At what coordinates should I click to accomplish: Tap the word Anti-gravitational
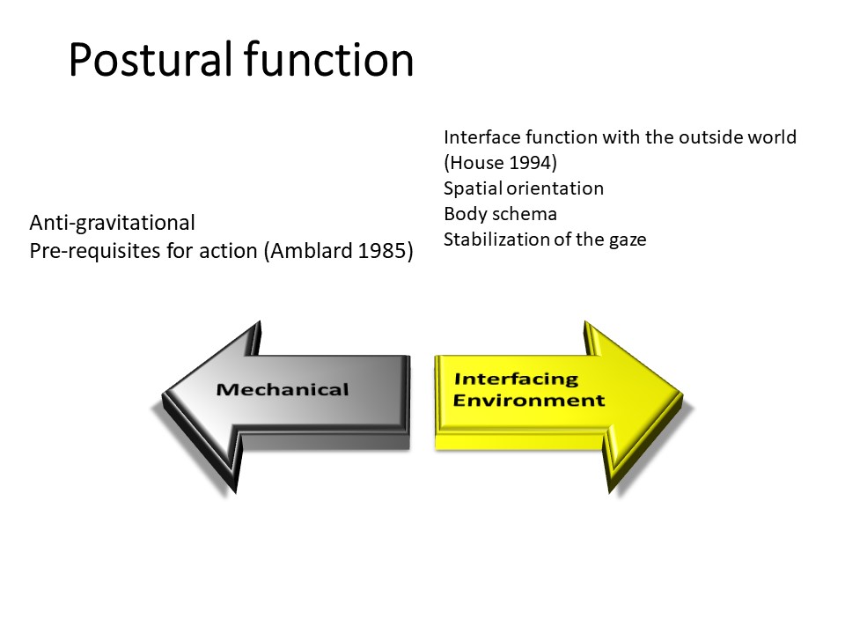tap(113, 223)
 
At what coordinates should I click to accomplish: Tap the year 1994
tap(525, 163)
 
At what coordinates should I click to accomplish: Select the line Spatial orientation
tap(524, 188)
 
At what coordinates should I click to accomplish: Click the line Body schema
tap(500, 214)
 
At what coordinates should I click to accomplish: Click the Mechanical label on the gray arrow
tap(283, 389)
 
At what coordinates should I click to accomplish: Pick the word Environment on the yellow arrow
tap(529, 401)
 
